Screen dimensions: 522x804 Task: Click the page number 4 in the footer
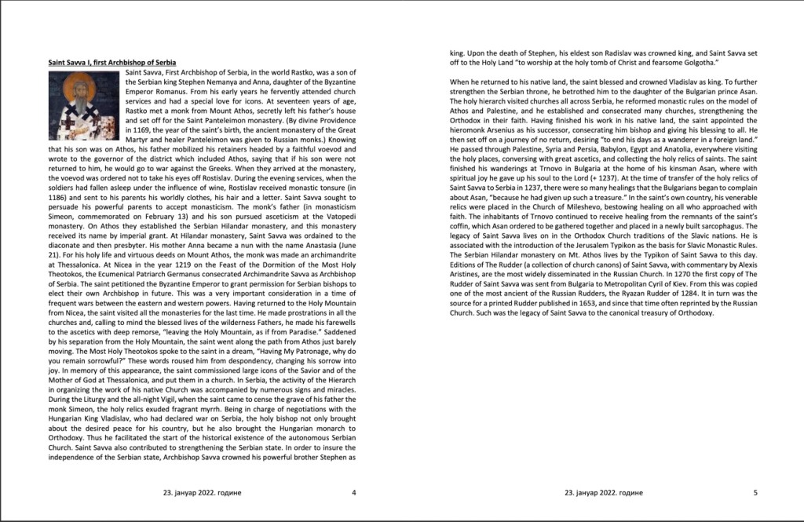click(354, 493)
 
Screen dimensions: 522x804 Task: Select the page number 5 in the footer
click(755, 493)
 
